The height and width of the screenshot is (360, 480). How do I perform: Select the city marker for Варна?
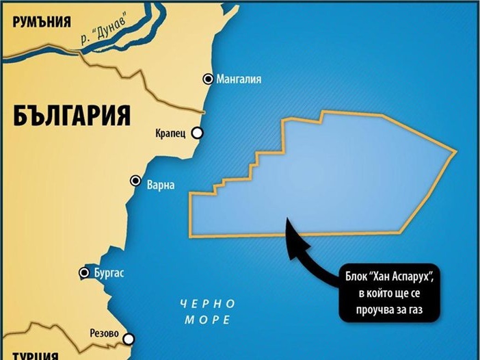click(x=136, y=181)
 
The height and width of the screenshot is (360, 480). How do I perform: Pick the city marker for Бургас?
click(x=85, y=273)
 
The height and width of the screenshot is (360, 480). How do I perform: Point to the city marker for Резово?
click(x=128, y=338)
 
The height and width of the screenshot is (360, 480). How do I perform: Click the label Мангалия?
click(x=239, y=79)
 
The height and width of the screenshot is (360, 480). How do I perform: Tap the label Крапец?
click(x=171, y=133)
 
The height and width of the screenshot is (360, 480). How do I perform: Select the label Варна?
click(x=161, y=185)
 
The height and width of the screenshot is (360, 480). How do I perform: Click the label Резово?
click(x=104, y=335)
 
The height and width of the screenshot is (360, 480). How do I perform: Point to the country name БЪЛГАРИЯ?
click(x=72, y=114)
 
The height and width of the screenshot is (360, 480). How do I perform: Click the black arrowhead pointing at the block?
click(x=290, y=227)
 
